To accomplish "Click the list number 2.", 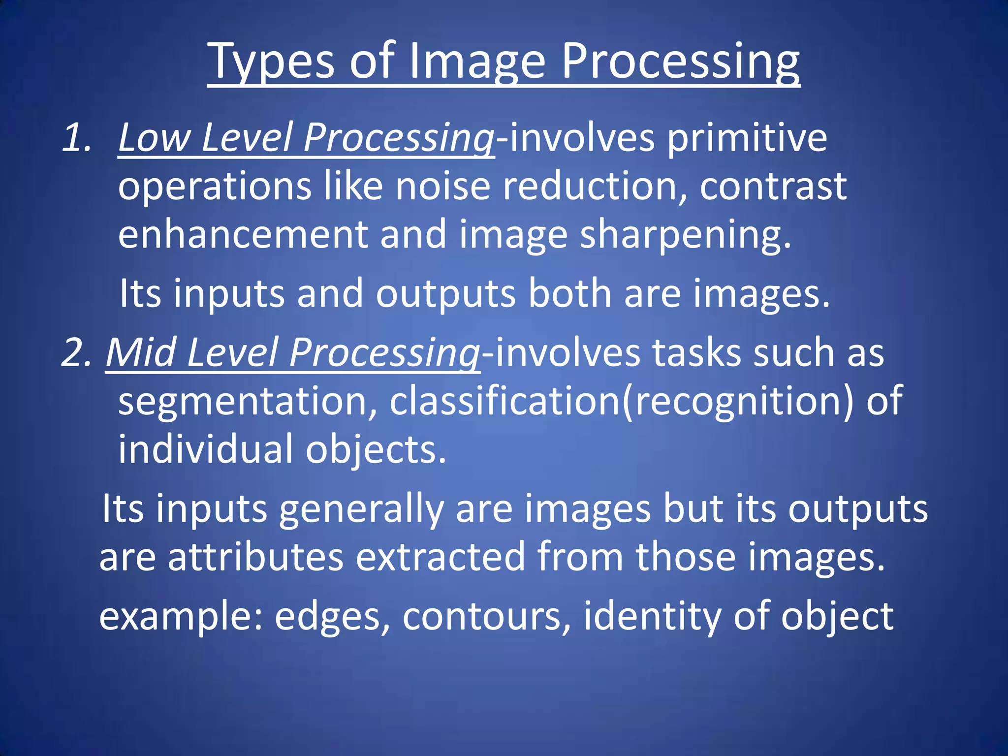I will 76,352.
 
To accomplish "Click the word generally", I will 361,509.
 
